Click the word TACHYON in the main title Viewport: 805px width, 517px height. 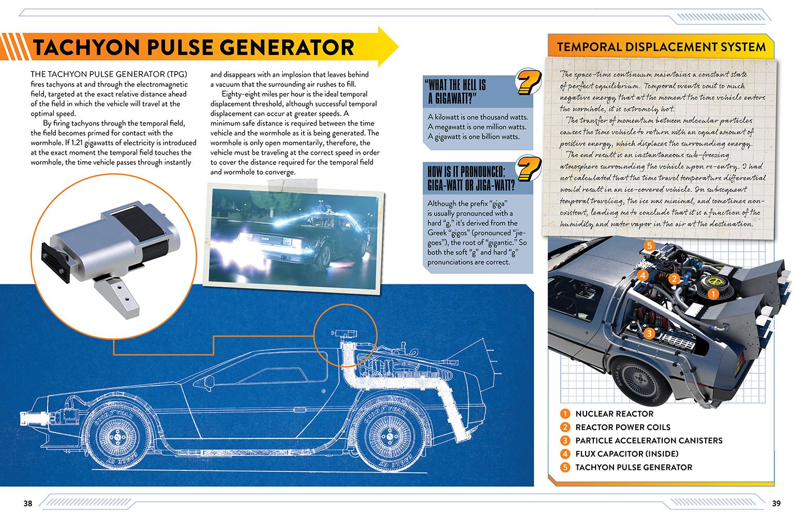tap(87, 48)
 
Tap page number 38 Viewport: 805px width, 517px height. tap(28, 503)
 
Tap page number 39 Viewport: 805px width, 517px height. tap(776, 503)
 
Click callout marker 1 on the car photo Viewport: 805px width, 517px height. tap(713, 294)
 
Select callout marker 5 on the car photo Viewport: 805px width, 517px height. tap(649, 246)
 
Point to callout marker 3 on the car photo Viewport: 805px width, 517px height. tap(649, 333)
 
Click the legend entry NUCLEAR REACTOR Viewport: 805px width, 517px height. tap(614, 414)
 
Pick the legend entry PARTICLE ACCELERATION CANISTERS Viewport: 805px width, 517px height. tap(649, 440)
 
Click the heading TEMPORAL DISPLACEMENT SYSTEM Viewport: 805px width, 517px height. tap(661, 47)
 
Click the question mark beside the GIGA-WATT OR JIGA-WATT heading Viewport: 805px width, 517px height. tap(529, 169)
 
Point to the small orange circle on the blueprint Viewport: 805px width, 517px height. tap(345, 336)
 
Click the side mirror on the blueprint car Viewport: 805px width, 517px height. tap(208, 382)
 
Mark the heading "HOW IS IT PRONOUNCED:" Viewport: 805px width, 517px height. tap(466, 172)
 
